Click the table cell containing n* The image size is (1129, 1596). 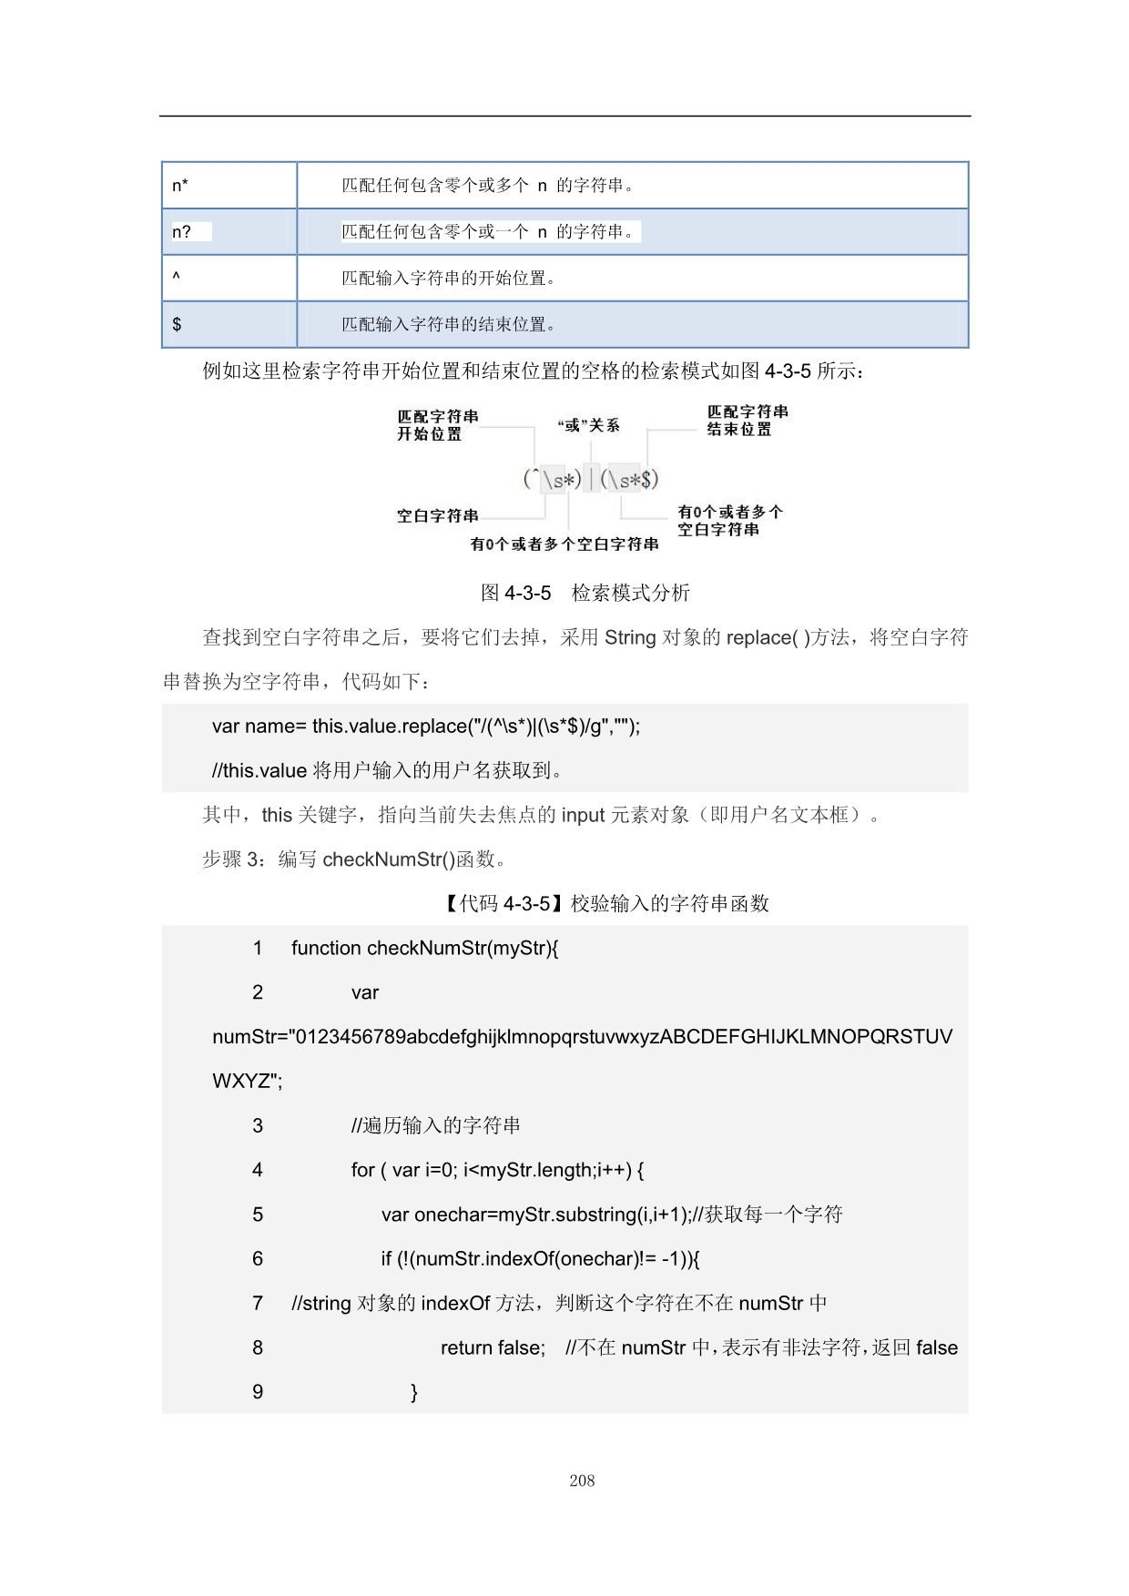click(x=229, y=186)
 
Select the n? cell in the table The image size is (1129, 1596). click(x=229, y=232)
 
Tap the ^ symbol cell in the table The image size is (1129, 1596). click(x=229, y=278)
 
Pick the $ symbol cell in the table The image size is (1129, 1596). click(x=229, y=324)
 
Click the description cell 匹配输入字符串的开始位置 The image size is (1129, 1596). click(x=449, y=278)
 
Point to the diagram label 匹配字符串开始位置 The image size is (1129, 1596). click(x=437, y=425)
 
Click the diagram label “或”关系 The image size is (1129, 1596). click(x=588, y=425)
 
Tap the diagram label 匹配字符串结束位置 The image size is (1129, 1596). click(x=748, y=421)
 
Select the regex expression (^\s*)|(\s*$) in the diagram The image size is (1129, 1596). click(x=590, y=479)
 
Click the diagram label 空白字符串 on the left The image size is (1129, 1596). click(x=437, y=516)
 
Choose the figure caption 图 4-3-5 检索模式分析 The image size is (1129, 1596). click(x=585, y=593)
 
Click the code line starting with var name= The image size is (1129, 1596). click(x=426, y=727)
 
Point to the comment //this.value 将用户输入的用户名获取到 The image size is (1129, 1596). click(x=387, y=771)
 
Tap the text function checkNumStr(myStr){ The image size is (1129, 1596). click(x=424, y=949)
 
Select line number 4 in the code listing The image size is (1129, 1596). click(x=258, y=1170)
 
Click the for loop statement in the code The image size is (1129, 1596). click(x=497, y=1170)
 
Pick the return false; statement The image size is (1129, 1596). click(x=493, y=1347)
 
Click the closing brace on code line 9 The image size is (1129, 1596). click(x=414, y=1392)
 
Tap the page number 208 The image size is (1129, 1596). click(x=582, y=1481)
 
